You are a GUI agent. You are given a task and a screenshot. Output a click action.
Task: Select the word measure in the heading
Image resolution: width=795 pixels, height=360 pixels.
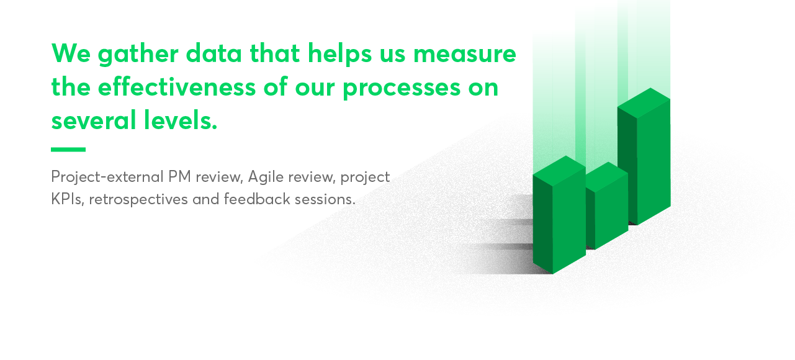pyautogui.click(x=465, y=54)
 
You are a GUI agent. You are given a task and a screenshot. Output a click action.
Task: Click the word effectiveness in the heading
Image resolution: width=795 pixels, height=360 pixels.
pyautogui.click(x=176, y=87)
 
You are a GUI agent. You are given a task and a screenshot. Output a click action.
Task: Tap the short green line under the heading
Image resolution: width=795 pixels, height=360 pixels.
pyautogui.click(x=68, y=150)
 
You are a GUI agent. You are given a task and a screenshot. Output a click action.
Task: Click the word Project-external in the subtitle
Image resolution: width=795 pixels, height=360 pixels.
pyautogui.click(x=107, y=177)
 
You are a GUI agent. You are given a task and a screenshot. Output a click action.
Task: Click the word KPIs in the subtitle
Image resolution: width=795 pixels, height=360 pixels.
pyautogui.click(x=65, y=200)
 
